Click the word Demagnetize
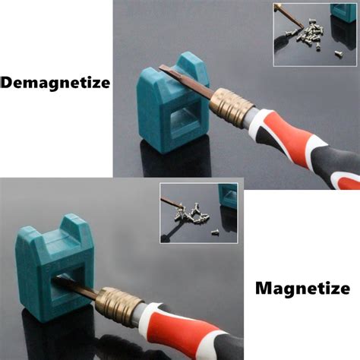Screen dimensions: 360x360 point(55,82)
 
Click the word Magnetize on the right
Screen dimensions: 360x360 point(302,289)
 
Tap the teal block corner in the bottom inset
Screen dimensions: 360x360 point(229,195)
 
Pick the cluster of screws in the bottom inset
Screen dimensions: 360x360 point(193,216)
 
